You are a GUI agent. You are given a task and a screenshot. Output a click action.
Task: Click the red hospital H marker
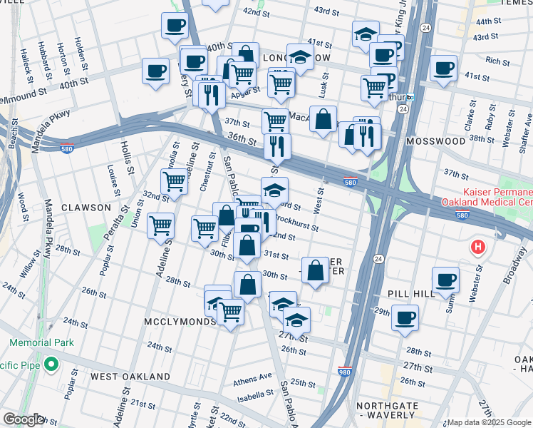pyautogui.click(x=477, y=248)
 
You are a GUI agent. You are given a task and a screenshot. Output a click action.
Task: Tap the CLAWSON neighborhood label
pyautogui.click(x=86, y=208)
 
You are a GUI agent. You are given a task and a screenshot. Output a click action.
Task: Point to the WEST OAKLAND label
pyautogui.click(x=130, y=376)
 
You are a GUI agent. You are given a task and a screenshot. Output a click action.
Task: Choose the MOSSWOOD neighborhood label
pyautogui.click(x=435, y=141)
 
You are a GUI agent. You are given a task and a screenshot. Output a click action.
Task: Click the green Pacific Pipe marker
pyautogui.click(x=51, y=365)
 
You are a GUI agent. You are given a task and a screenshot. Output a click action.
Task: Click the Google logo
pyautogui.click(x=23, y=419)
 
